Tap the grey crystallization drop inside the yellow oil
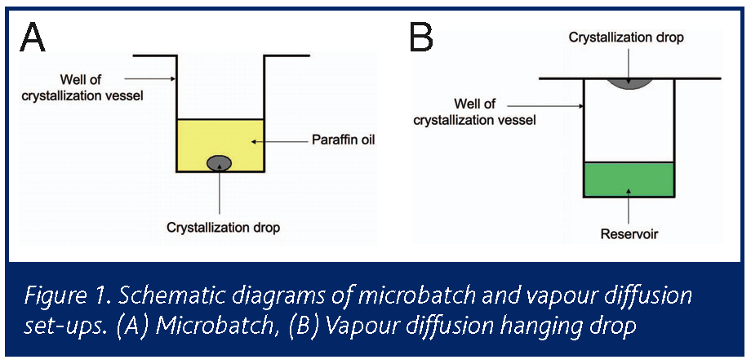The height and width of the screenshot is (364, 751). point(220,162)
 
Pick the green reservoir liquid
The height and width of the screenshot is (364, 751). point(629,179)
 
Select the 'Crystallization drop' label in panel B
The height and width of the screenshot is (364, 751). point(629,38)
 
